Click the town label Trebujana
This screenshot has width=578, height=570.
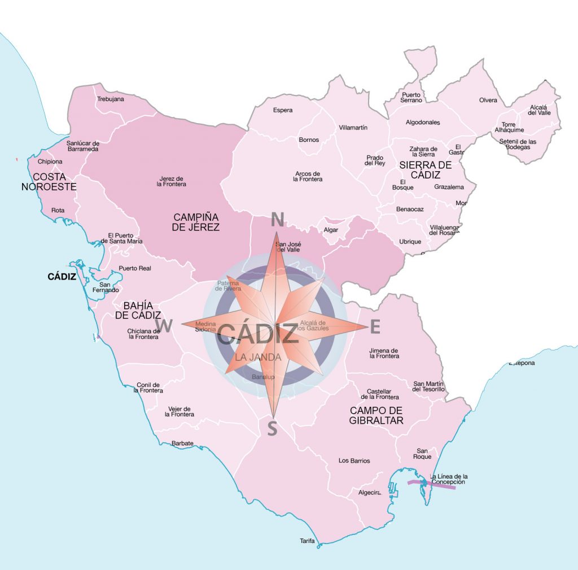pos(110,99)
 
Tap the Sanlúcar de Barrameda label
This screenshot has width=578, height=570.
pos(83,146)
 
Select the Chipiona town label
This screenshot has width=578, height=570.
pos(50,162)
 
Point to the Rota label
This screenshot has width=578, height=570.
pos(58,210)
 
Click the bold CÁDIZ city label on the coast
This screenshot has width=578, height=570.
pos(62,277)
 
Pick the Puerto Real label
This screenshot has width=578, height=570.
pos(135,268)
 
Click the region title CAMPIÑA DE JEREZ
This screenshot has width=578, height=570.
pos(196,222)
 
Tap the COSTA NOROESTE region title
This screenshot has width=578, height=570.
pos(49,181)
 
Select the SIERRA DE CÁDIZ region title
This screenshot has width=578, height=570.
pos(426,169)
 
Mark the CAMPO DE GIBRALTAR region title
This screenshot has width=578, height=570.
pos(376,415)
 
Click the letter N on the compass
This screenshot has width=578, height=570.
pos(277,219)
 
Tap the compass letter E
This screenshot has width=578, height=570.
pos(375,326)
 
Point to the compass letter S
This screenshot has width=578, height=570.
pos(272,429)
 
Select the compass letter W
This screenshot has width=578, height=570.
pos(164,326)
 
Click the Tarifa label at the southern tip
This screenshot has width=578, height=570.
pos(307,541)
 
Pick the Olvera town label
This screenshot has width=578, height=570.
pos(488,100)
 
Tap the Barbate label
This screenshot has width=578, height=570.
pos(182,443)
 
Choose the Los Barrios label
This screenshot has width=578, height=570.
pos(354,460)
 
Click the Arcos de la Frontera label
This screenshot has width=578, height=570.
pos(308,176)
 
